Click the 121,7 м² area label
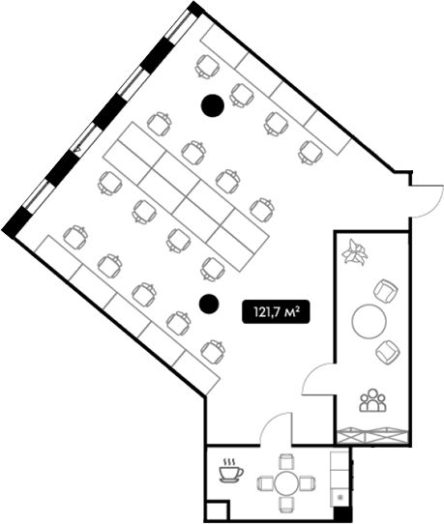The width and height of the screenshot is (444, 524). coord(275,312)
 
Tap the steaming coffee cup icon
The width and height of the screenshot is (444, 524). coord(230,471)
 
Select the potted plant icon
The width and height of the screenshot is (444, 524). coord(354,251)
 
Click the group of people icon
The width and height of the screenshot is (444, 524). coord(372,399)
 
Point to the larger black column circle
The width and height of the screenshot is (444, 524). coord(212,105)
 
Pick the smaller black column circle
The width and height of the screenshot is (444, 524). coord(209,304)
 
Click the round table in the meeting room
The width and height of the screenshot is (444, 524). coord(370,321)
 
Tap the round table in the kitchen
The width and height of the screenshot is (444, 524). coord(286,483)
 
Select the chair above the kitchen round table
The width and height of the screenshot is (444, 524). coord(286,461)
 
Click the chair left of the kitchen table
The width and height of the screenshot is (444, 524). coord(265,483)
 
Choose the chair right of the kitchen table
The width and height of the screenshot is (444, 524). coord(308,483)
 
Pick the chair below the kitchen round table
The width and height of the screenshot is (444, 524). coord(286,505)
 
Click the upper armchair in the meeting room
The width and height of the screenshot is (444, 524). coord(385,291)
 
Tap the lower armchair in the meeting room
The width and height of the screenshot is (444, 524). coord(388,352)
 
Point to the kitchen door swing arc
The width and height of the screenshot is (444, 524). coord(270,424)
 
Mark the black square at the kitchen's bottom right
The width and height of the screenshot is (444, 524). coord(341,514)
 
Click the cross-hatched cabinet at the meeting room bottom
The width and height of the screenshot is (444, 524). coord(372,436)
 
